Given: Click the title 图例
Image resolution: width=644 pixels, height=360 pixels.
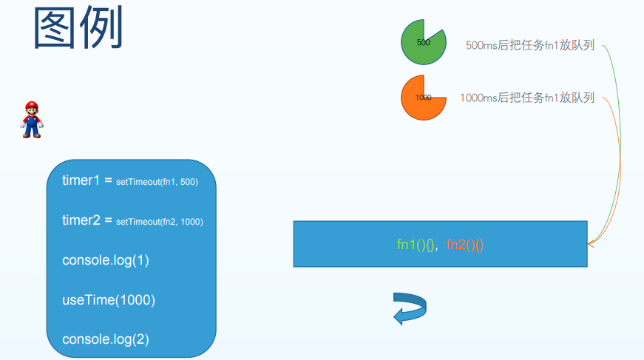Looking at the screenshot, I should [x=78, y=30].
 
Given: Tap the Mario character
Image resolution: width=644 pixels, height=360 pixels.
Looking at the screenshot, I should [x=31, y=120].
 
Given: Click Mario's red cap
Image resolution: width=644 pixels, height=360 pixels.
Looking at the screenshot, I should [x=31, y=105].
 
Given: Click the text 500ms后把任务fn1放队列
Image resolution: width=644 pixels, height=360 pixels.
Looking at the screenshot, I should [x=530, y=45].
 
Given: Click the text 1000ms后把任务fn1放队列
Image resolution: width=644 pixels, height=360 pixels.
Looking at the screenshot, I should [x=527, y=98].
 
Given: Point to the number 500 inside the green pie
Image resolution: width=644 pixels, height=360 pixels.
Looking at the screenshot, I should [x=424, y=42].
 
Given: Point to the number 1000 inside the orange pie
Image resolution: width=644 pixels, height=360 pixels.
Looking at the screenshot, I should [x=424, y=98].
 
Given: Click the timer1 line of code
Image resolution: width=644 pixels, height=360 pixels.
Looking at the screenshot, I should [x=130, y=181].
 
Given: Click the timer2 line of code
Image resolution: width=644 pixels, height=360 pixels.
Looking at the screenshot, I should [x=132, y=221].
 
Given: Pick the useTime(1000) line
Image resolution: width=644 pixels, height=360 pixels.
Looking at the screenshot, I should [x=109, y=300].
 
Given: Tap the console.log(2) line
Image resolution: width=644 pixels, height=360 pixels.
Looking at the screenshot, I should [x=106, y=339].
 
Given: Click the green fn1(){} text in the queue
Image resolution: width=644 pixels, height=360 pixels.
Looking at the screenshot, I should [x=416, y=245].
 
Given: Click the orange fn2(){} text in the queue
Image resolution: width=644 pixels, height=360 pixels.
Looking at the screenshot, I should [x=465, y=245].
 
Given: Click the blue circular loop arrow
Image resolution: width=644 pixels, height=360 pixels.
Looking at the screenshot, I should [x=410, y=308].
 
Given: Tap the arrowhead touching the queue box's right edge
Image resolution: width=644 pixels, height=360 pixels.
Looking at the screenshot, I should [x=591, y=243].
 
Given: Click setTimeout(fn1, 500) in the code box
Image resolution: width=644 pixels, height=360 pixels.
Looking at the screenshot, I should [x=157, y=182].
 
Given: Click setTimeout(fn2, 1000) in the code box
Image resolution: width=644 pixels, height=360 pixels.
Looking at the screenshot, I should [x=160, y=222].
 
